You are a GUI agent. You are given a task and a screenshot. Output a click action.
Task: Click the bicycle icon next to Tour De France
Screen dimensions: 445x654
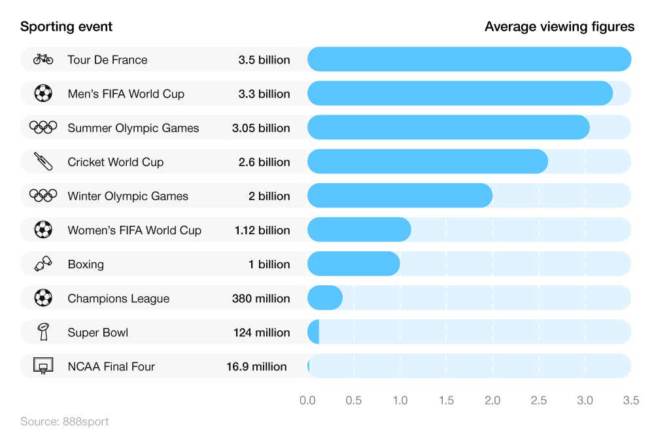43,60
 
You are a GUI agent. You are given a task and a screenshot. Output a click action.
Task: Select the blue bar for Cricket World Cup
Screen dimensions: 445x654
427,162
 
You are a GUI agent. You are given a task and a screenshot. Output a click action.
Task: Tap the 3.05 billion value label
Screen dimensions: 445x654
261,128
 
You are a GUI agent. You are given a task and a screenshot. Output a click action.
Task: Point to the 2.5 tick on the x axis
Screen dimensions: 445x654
539,400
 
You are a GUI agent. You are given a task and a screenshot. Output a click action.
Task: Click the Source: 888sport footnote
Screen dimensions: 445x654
64,421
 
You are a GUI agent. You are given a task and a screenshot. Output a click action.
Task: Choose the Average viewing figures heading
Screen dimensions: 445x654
559,26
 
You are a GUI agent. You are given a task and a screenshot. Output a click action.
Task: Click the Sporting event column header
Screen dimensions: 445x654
66,26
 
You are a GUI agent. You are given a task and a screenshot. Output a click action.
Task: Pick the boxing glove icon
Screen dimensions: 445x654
43,264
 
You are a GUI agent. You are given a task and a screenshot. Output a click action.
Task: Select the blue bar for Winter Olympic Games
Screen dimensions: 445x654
400,196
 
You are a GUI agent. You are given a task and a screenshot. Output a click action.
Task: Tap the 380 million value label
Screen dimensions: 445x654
261,298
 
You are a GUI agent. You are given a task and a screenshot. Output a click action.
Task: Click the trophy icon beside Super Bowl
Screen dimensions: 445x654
43,332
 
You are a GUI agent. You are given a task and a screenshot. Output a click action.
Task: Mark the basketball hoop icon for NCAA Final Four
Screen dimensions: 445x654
43,366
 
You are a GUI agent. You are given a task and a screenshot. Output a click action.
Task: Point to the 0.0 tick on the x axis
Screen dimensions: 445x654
307,400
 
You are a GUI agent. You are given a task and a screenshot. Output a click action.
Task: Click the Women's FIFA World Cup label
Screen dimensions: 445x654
134,230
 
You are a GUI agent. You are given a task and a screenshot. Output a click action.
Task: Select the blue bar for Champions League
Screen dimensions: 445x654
324,298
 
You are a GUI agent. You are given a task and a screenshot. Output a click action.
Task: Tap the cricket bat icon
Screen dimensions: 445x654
43,162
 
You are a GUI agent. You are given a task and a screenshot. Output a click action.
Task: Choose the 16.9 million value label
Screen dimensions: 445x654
256,366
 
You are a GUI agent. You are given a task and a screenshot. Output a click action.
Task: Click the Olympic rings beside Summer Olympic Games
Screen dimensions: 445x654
43,128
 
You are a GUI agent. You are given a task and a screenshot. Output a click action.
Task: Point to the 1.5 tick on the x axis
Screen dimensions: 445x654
446,400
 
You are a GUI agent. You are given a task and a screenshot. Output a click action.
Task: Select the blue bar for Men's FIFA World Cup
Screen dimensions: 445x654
460,94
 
